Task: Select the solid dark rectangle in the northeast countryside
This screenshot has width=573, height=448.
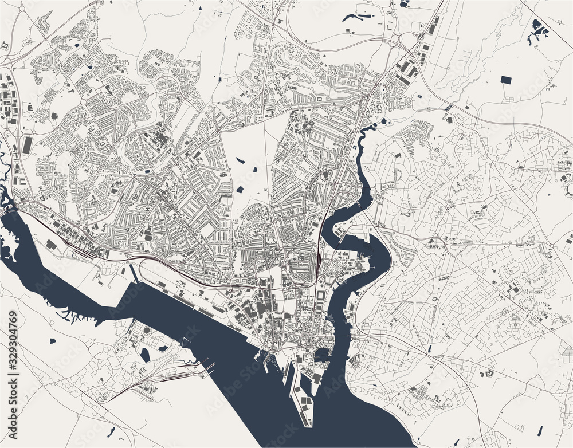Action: pyautogui.click(x=507, y=80)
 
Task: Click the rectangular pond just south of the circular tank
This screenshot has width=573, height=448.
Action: pyautogui.click(x=145, y=355)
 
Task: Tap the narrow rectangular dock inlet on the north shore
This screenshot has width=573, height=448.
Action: pyautogui.click(x=135, y=273)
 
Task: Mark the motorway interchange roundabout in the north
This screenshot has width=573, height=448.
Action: pyautogui.click(x=397, y=41)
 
